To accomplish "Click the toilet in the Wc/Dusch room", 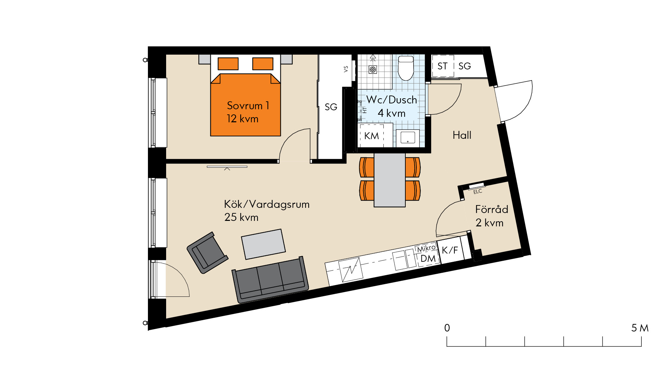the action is (406, 68).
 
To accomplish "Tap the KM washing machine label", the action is (372, 136).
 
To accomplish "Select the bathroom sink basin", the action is (408, 137).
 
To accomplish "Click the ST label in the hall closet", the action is (442, 66).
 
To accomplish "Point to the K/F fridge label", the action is (450, 250).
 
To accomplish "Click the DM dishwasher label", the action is (428, 259).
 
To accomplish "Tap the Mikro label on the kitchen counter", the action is (426, 248).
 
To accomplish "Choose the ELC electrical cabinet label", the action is (478, 191).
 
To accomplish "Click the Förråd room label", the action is (492, 209).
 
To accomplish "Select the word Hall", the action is (462, 135).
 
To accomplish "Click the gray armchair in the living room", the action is (207, 252).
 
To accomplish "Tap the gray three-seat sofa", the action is (270, 280).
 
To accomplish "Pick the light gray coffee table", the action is (263, 244).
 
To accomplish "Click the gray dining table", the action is (390, 180).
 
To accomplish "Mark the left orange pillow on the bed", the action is (228, 64).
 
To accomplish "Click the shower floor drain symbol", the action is (373, 69).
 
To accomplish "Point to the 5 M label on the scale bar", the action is (640, 328).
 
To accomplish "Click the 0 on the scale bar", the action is (447, 328).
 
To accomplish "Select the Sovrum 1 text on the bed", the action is (248, 105).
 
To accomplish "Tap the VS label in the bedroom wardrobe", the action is (346, 69).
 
